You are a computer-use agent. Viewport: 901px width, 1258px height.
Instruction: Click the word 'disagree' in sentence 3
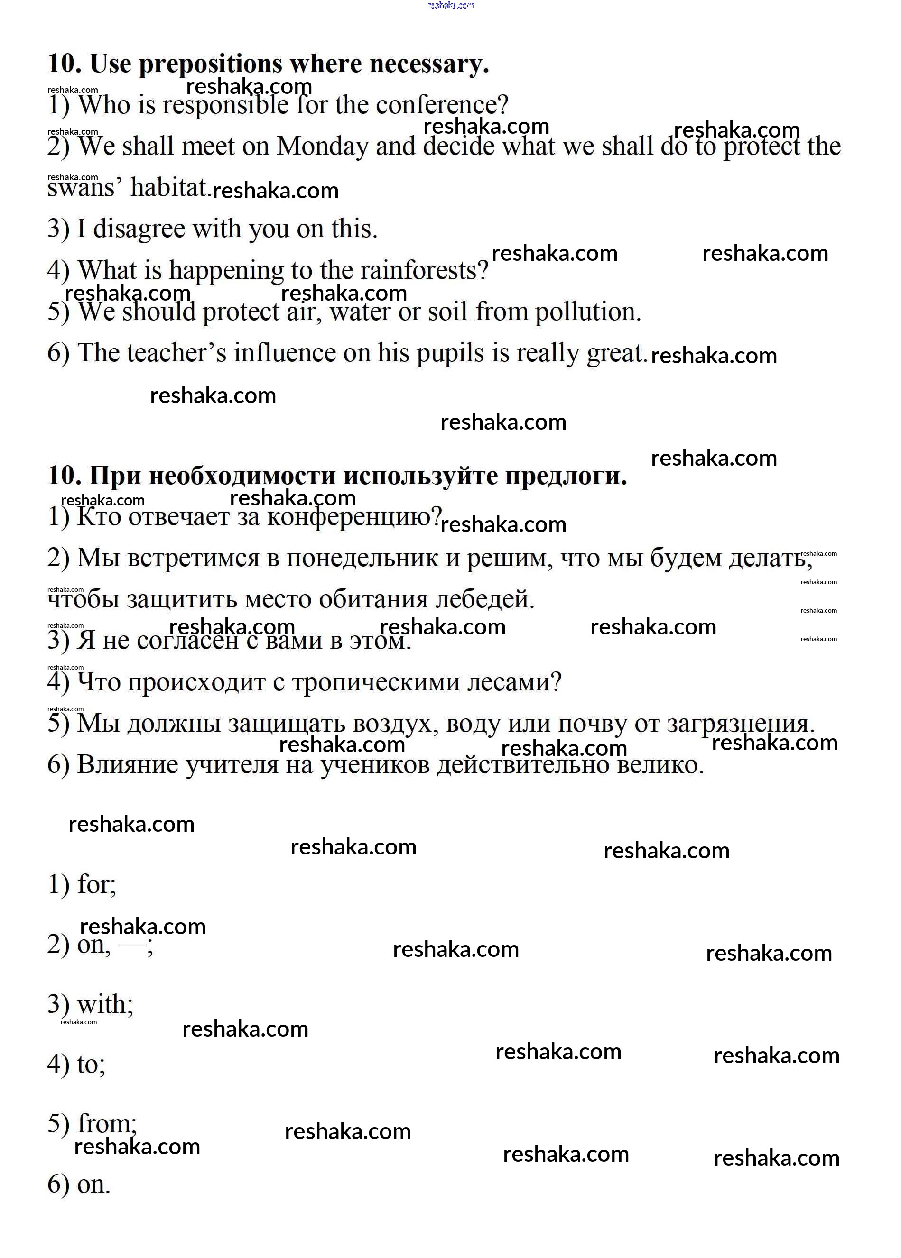(139, 229)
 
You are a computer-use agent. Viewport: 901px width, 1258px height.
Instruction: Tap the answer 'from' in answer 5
(105, 1124)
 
